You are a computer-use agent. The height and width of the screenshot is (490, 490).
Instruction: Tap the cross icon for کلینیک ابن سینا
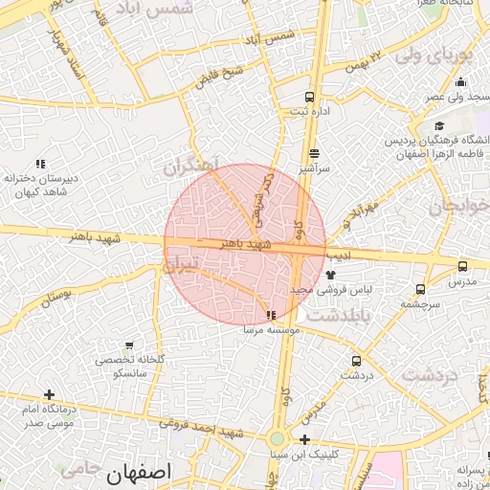304,440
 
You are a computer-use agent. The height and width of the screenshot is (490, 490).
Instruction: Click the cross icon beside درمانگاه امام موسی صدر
49,394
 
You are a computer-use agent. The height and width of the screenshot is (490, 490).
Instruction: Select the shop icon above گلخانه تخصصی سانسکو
129,345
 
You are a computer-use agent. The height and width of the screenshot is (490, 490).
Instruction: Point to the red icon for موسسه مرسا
272,314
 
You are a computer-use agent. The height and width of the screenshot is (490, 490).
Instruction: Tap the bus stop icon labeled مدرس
463,267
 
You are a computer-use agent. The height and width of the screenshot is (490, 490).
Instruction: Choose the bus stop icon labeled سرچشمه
421,289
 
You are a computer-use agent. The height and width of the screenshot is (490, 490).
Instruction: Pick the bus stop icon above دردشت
357,361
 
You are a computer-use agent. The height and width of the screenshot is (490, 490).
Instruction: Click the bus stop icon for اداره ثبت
309,97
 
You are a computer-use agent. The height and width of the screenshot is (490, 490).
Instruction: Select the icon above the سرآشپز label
314,152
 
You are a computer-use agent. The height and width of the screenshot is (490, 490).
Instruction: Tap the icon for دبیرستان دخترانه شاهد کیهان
39,164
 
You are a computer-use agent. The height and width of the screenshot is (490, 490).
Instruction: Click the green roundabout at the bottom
277,439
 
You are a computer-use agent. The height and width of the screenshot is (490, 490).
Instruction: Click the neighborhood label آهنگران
191,165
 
